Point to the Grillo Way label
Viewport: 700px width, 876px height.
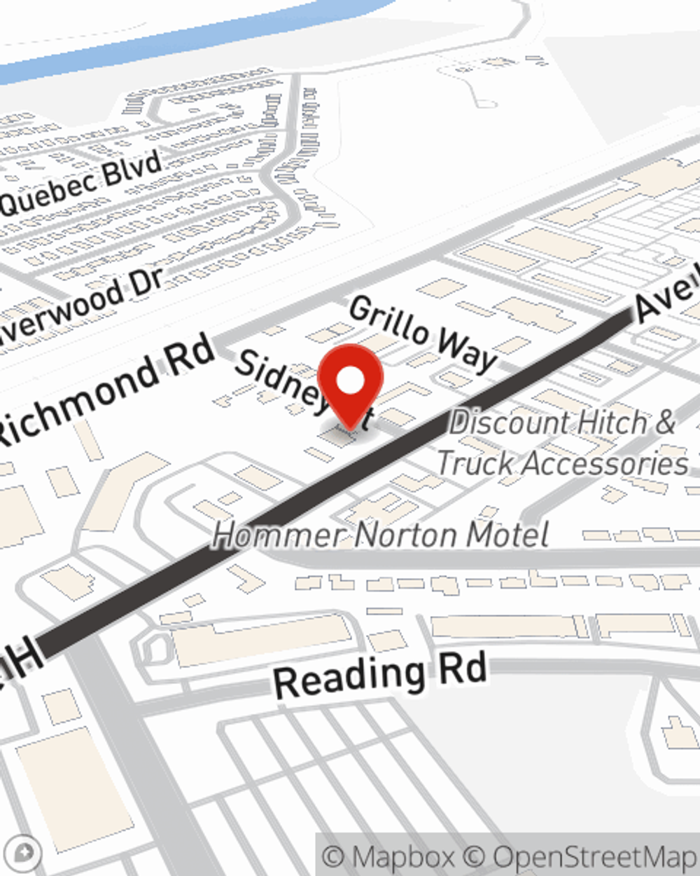423,332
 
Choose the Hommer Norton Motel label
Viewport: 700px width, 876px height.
380,535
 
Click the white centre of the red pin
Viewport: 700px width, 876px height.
350,381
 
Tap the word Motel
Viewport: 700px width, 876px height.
507,535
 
